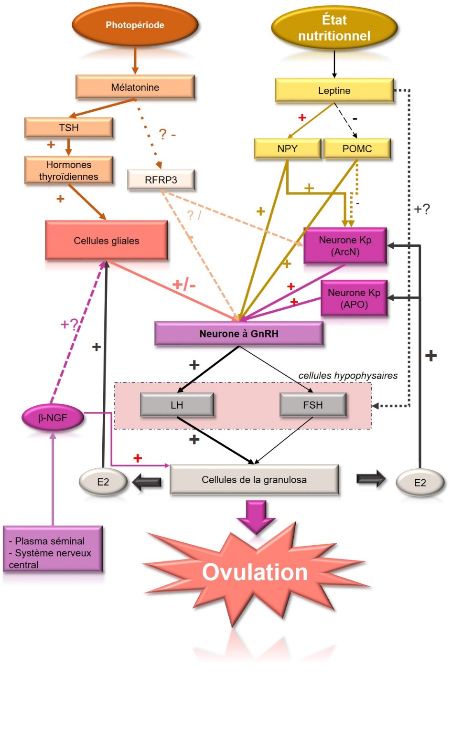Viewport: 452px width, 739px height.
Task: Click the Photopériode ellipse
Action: [x=135, y=25]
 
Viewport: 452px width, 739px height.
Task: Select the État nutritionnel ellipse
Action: [x=334, y=28]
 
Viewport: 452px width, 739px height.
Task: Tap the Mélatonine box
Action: [x=135, y=87]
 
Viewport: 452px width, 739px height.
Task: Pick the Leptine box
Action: [x=334, y=90]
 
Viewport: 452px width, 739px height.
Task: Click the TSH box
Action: [x=69, y=127]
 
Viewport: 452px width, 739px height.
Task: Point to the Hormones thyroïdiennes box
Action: [x=69, y=170]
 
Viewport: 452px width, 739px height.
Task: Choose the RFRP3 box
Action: [x=161, y=180]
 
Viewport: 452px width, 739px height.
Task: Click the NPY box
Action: [x=287, y=148]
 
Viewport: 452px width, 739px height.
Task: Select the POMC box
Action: [x=357, y=148]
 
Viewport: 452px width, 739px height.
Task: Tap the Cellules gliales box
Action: [x=106, y=241]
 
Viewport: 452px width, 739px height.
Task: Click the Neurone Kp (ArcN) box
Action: [x=345, y=246]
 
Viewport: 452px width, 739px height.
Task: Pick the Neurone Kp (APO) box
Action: [x=354, y=298]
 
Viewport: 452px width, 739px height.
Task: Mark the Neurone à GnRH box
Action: [x=238, y=334]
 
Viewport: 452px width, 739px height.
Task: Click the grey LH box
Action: [x=177, y=405]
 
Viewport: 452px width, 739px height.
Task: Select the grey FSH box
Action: [x=312, y=405]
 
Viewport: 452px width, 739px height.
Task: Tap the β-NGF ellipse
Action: [x=53, y=418]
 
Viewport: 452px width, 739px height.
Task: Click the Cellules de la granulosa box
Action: [x=254, y=480]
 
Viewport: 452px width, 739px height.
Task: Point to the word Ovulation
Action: [x=255, y=572]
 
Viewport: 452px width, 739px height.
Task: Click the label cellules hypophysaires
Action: [x=348, y=376]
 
